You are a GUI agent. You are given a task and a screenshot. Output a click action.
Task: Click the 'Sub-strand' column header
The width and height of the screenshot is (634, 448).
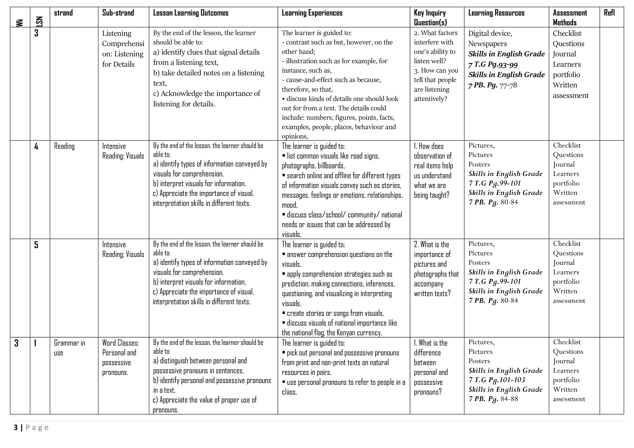pyautogui.click(x=118, y=13)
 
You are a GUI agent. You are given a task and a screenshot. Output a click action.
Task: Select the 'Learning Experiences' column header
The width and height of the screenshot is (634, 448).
pyautogui.click(x=312, y=13)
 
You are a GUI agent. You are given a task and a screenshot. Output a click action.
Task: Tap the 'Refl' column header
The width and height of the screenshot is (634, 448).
pyautogui.click(x=609, y=13)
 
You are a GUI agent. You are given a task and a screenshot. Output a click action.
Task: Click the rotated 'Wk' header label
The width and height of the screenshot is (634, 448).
pyautogui.click(x=20, y=22)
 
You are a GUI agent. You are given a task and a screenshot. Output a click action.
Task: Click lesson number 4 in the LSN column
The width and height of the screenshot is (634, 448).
pyautogui.click(x=36, y=146)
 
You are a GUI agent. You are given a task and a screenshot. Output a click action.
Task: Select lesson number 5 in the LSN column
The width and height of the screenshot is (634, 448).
pyautogui.click(x=36, y=245)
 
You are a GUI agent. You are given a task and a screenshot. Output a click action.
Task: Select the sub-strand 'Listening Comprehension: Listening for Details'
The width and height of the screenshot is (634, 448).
pyautogui.click(x=123, y=49)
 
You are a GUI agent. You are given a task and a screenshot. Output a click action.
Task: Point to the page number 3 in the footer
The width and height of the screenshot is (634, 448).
pyautogui.click(x=16, y=428)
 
